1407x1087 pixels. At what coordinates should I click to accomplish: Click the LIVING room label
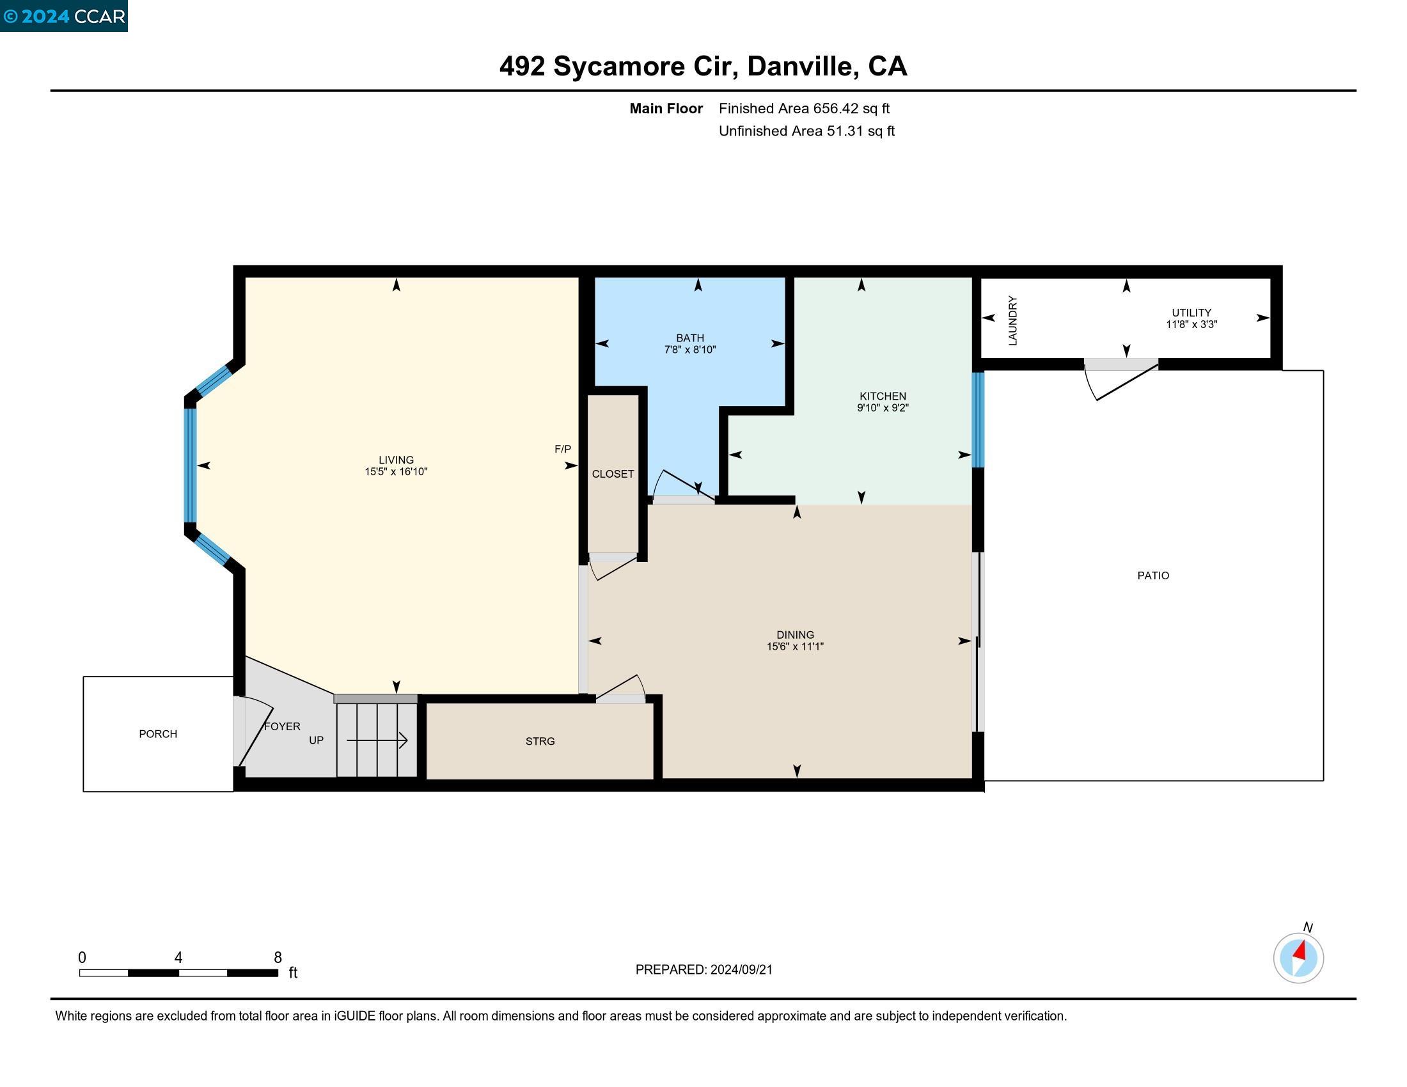click(397, 460)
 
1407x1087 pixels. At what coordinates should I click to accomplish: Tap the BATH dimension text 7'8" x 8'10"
click(690, 350)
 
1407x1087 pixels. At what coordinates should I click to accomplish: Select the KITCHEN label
click(883, 396)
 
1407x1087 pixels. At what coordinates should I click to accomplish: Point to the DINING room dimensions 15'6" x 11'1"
click(795, 646)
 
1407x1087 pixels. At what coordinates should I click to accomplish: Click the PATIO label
click(1153, 575)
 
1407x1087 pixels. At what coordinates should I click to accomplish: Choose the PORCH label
click(158, 734)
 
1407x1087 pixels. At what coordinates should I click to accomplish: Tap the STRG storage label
click(540, 741)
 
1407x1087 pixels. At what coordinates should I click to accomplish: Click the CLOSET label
click(613, 474)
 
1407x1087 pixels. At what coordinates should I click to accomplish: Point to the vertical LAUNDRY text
click(1012, 321)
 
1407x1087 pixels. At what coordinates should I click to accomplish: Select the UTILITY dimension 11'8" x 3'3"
click(1191, 325)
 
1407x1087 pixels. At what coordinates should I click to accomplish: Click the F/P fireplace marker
click(562, 449)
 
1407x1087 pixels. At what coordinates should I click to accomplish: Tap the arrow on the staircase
click(377, 740)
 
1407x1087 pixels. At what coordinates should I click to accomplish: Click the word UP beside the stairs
click(316, 740)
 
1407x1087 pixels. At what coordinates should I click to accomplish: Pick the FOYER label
click(282, 726)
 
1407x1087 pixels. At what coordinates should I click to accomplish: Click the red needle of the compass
click(1300, 950)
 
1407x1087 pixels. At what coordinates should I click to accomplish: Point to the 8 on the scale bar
click(278, 958)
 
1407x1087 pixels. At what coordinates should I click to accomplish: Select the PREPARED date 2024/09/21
click(741, 970)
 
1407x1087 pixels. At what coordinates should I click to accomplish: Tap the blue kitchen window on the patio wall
click(978, 420)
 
